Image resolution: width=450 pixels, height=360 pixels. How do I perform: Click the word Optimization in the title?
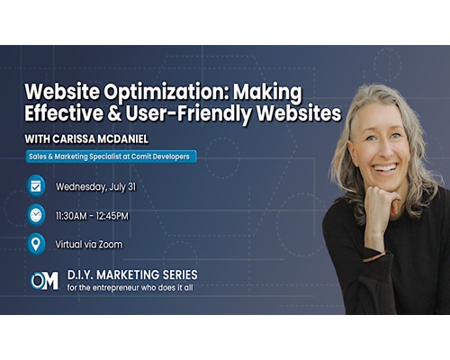click(166, 93)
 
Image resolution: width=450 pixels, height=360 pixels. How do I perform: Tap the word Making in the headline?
click(267, 93)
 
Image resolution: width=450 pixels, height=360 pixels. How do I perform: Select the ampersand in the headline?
click(114, 113)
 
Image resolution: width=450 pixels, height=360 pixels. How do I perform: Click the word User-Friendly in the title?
click(189, 114)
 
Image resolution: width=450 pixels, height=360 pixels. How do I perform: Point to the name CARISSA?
click(73, 139)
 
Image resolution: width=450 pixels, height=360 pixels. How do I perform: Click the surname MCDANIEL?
click(122, 139)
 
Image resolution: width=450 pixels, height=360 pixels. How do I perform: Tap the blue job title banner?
click(111, 157)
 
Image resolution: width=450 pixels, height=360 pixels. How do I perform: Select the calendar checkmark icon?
click(36, 186)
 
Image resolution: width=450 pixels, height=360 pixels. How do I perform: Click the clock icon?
click(36, 215)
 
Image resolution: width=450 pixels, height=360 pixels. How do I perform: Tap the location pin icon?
click(36, 244)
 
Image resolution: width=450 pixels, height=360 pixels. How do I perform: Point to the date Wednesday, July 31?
click(95, 187)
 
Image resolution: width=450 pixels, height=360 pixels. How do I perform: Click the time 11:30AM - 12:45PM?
click(92, 216)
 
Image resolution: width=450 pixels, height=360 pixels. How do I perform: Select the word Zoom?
click(111, 245)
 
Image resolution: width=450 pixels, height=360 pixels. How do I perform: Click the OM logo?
click(44, 281)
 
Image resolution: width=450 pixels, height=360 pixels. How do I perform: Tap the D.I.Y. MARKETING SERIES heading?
click(132, 274)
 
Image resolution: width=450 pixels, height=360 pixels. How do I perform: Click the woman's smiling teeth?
click(386, 167)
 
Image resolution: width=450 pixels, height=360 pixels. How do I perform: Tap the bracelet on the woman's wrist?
click(374, 256)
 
